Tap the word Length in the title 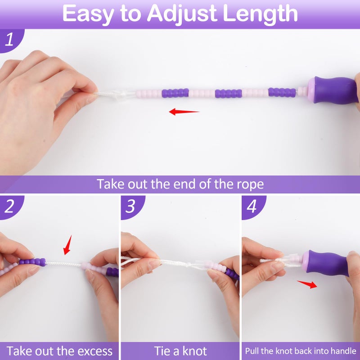pyautogui.click(x=260, y=13)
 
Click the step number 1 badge pyautogui.click(x=10, y=40)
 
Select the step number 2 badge pyautogui.click(x=10, y=206)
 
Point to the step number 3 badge pyautogui.click(x=131, y=206)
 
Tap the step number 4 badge pyautogui.click(x=252, y=206)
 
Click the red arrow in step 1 pyautogui.click(x=184, y=112)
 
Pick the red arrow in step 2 pyautogui.click(x=67, y=245)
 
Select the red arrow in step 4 pyautogui.click(x=307, y=284)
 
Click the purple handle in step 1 pyautogui.click(x=333, y=90)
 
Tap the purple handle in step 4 pyautogui.click(x=327, y=263)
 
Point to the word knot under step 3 pyautogui.click(x=193, y=351)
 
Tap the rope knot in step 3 pyautogui.click(x=189, y=265)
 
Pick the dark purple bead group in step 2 pyautogui.click(x=32, y=262)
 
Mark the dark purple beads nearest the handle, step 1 pyautogui.click(x=282, y=92)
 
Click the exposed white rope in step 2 pyautogui.click(x=63, y=264)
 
